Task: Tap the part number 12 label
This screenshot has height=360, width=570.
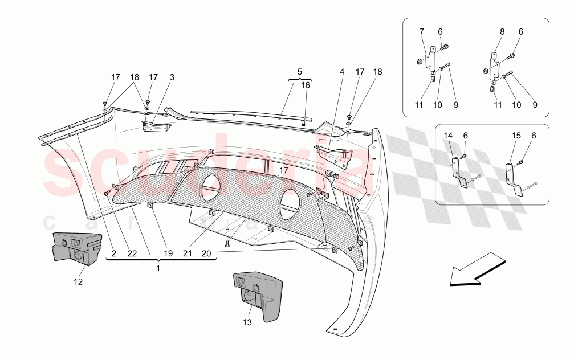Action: (x=78, y=281)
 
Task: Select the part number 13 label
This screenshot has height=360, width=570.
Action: (x=247, y=323)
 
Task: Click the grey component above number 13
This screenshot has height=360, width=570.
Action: (x=258, y=294)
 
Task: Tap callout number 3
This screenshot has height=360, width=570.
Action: (x=172, y=77)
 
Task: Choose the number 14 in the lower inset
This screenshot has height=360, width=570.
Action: (x=449, y=135)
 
